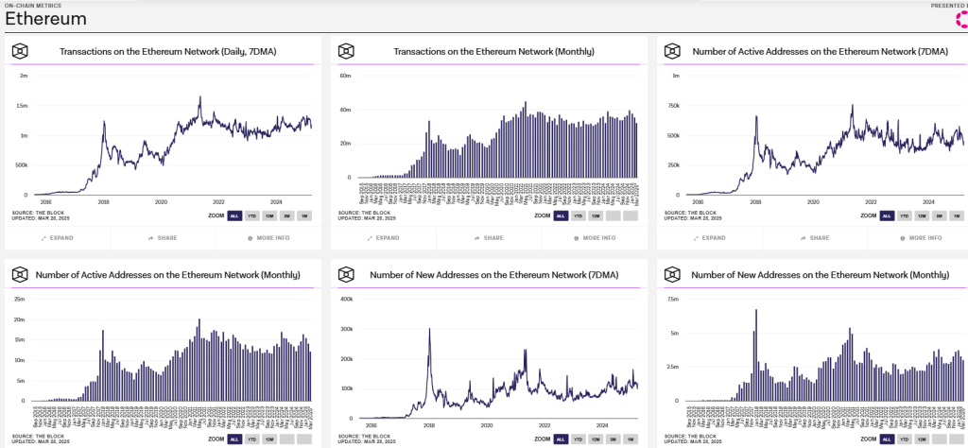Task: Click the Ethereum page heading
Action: point(45,20)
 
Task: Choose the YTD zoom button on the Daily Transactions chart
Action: point(252,215)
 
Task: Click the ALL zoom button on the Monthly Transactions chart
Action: point(561,215)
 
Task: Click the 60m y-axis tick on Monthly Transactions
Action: point(345,75)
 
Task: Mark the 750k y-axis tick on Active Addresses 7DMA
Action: point(673,105)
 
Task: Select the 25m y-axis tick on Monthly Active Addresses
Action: point(18,299)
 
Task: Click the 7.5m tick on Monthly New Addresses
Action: point(672,299)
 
